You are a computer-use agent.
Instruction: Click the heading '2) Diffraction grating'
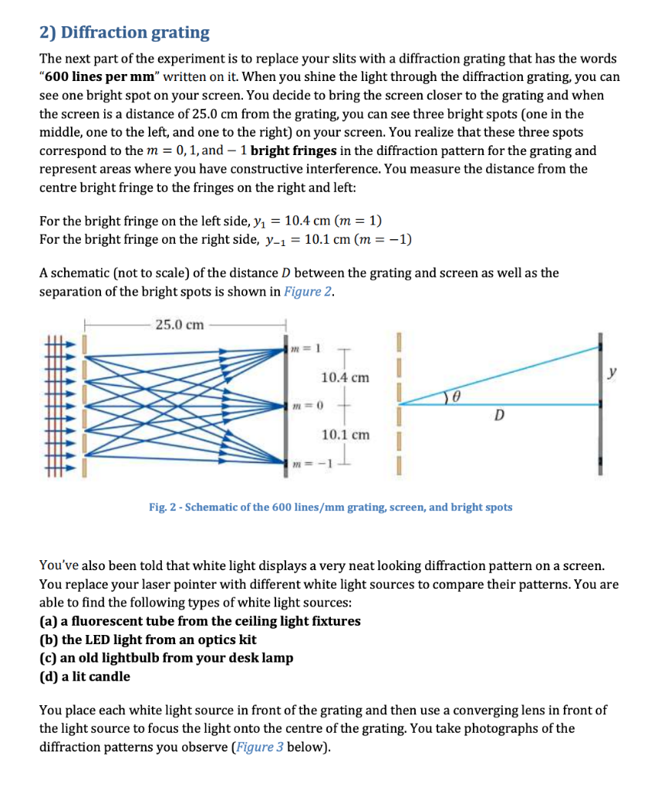point(124,32)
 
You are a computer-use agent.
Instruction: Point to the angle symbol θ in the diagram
point(457,396)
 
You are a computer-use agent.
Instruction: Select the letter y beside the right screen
point(612,372)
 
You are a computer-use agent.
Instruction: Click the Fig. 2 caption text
point(330,507)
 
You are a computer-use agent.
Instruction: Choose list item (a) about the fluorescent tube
point(200,621)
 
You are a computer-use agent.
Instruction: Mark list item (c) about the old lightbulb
point(166,658)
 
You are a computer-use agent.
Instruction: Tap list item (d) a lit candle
point(85,677)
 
